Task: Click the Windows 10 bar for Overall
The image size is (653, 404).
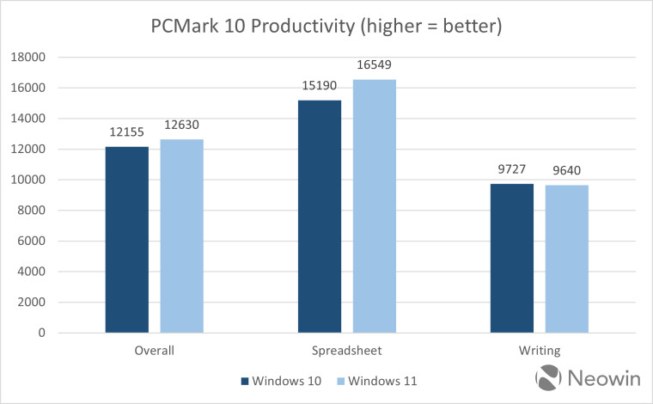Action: [x=127, y=239]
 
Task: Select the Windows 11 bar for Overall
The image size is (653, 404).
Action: [x=182, y=236]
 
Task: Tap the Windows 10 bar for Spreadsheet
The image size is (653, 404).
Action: [x=320, y=216]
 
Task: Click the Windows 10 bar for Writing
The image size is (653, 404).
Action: [x=512, y=258]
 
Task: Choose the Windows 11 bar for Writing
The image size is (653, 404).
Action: [x=567, y=259]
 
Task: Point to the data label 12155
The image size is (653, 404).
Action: [x=127, y=132]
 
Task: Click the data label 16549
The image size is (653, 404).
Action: [x=375, y=65]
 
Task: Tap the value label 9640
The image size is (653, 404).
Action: [x=567, y=171]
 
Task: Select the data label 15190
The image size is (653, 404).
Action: [x=320, y=86]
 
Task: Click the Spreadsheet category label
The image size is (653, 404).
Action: [x=347, y=351]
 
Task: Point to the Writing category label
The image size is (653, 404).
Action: [x=540, y=351]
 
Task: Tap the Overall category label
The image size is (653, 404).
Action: [x=155, y=351]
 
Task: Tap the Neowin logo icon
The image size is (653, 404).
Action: [x=549, y=378]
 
